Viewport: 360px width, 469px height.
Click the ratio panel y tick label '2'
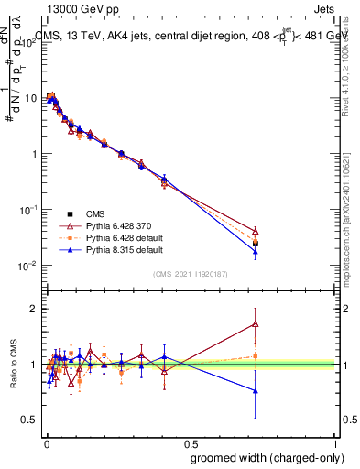34,309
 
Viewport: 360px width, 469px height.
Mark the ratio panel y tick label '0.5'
29,420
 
